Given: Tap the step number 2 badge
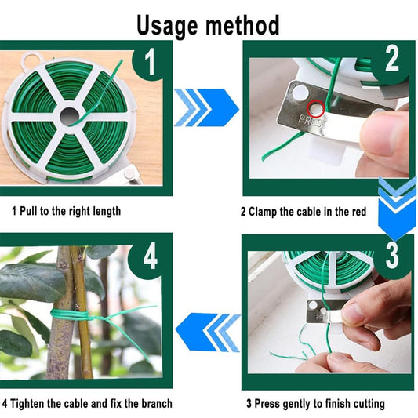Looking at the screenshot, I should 391,59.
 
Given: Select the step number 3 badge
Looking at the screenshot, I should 391,255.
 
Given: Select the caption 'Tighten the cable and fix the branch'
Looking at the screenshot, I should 86,404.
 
